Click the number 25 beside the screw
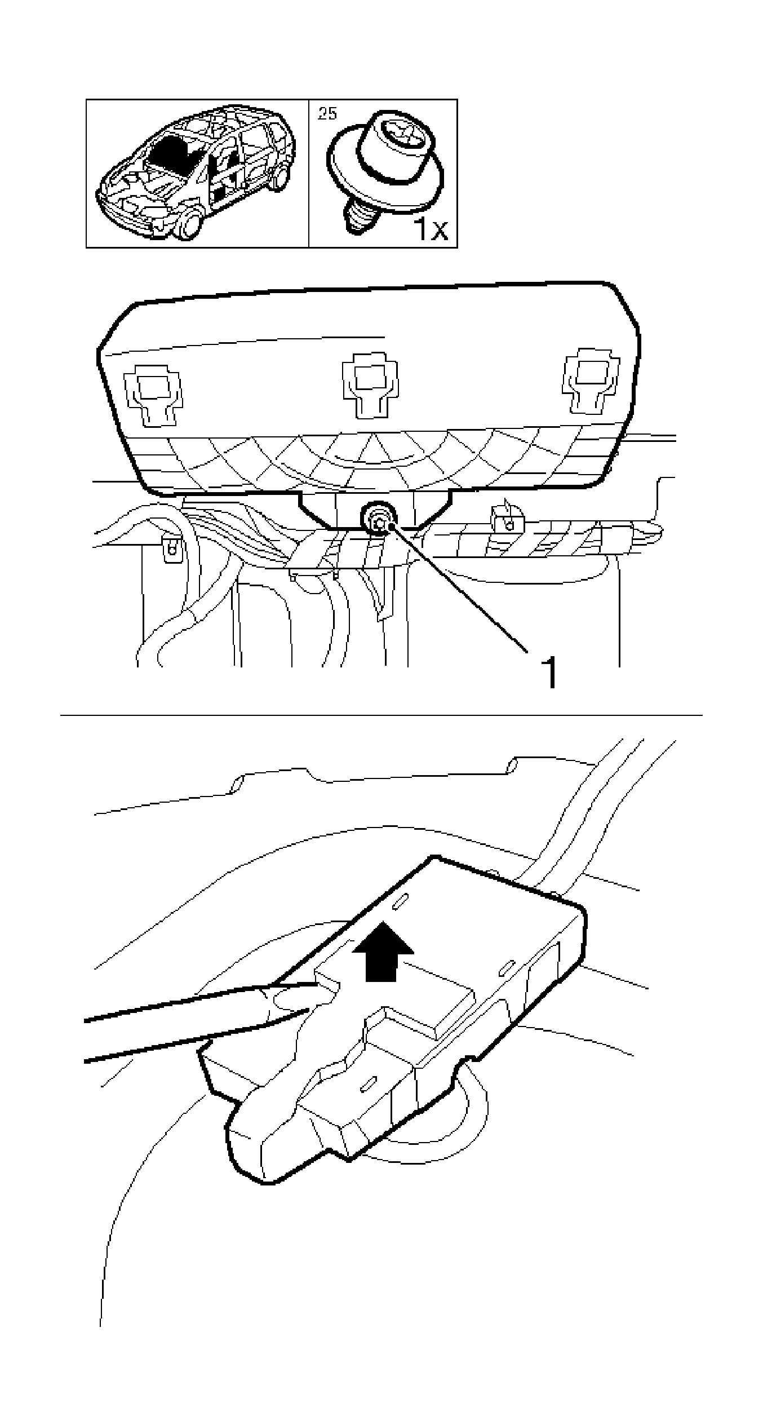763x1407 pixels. click(x=327, y=113)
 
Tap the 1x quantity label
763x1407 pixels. click(x=431, y=228)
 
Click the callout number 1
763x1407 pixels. click(x=548, y=672)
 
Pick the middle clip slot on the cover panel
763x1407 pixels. click(x=370, y=386)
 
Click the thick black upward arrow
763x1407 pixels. click(x=383, y=952)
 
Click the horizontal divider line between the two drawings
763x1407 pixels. click(x=381, y=716)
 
